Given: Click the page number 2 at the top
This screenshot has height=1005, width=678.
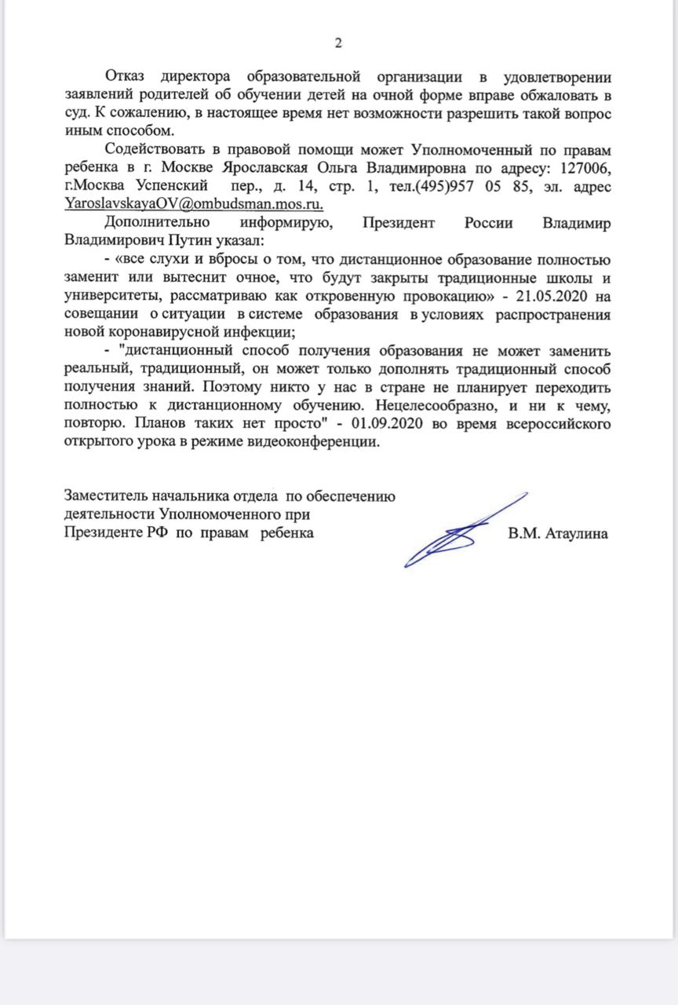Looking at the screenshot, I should [x=338, y=42].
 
